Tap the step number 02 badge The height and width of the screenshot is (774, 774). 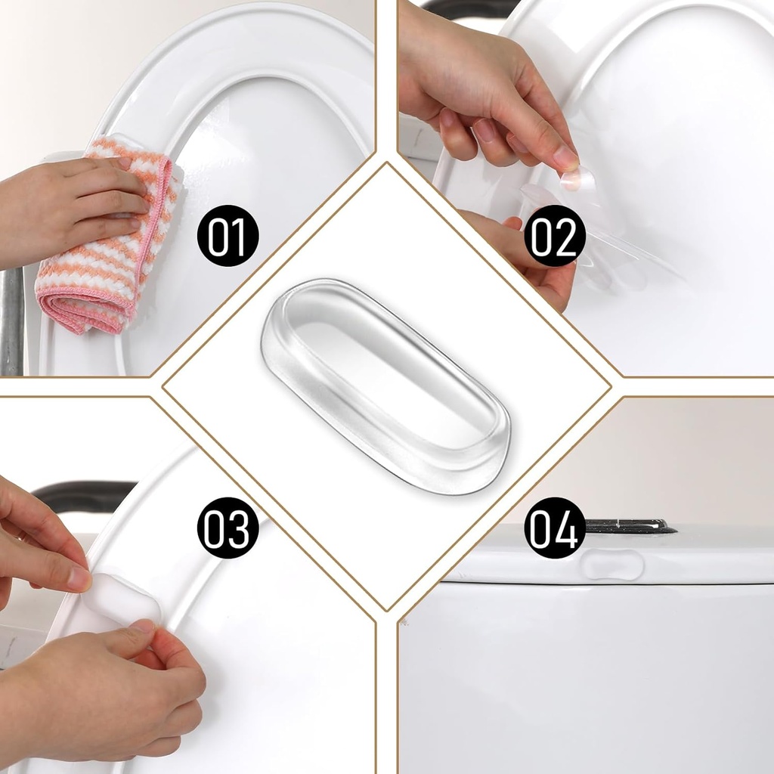click(x=555, y=236)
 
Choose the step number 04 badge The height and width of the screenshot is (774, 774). click(x=555, y=528)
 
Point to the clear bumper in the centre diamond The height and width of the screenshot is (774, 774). click(x=385, y=385)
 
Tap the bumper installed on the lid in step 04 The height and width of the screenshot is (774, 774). click(x=612, y=565)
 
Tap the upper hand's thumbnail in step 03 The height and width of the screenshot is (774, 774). click(x=79, y=578)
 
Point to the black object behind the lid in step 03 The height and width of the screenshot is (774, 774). click(x=83, y=495)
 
